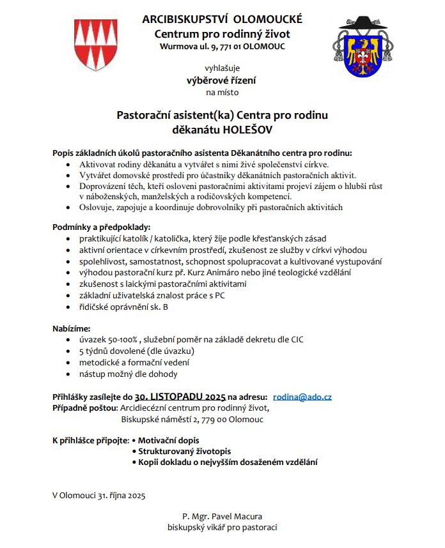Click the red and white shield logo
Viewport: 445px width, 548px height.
coord(96,44)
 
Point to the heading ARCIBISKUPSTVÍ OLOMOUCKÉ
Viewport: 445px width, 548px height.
coord(222,19)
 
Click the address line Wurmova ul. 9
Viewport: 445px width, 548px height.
coord(222,47)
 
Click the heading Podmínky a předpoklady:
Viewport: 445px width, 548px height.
coord(101,227)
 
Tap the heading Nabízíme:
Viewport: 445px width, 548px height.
coord(71,328)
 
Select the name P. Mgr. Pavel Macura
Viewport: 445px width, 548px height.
coord(222,516)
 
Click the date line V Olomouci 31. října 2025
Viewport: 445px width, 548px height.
coord(99,494)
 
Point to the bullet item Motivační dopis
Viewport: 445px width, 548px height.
coord(169,441)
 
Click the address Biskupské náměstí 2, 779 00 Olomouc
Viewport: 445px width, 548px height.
coord(192,420)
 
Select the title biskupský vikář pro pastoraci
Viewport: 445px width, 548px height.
coord(222,528)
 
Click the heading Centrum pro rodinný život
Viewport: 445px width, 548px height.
coord(222,33)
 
